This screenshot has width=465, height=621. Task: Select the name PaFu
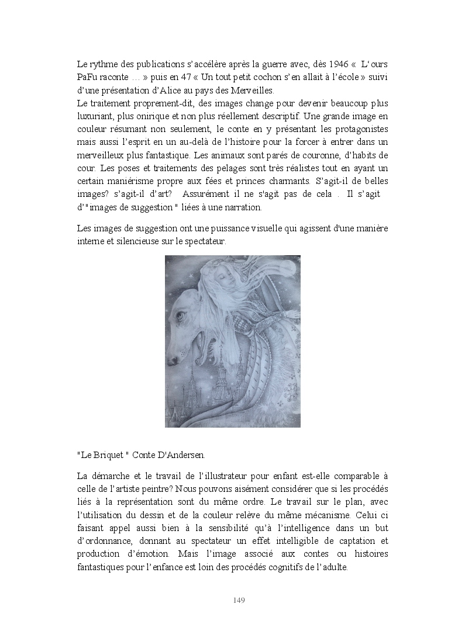[x=87, y=77]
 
